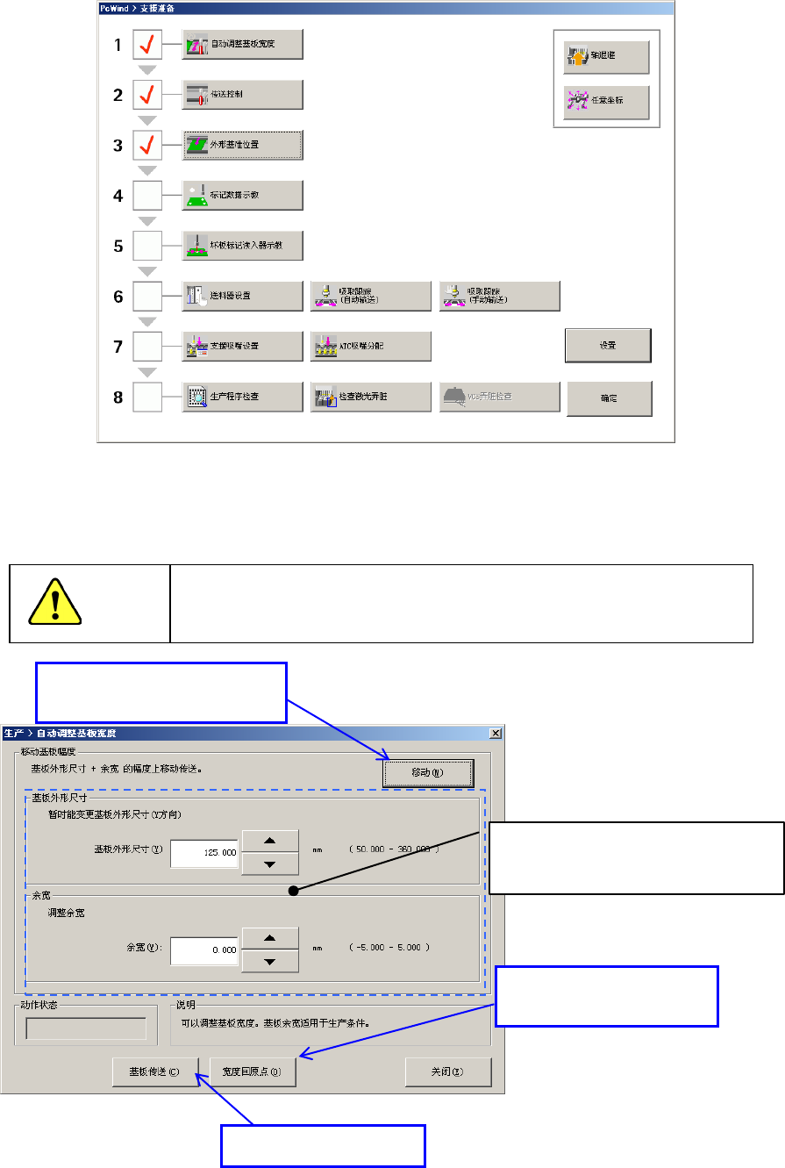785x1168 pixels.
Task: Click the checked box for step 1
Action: coord(146,45)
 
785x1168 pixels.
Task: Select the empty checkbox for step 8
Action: coord(146,397)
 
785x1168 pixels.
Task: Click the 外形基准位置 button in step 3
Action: coord(243,145)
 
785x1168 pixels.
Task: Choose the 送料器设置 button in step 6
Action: coord(243,296)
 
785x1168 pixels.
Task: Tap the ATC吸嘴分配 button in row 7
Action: coord(371,346)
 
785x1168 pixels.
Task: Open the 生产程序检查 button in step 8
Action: coord(243,397)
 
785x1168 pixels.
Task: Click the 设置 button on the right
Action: coord(608,346)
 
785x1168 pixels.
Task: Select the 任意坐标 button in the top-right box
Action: coord(606,103)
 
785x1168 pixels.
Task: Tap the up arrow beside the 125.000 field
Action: coord(270,841)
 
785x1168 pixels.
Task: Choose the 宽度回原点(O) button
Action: coord(253,1072)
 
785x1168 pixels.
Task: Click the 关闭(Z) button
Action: coord(447,1072)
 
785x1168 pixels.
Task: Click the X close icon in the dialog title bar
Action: coord(495,733)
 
